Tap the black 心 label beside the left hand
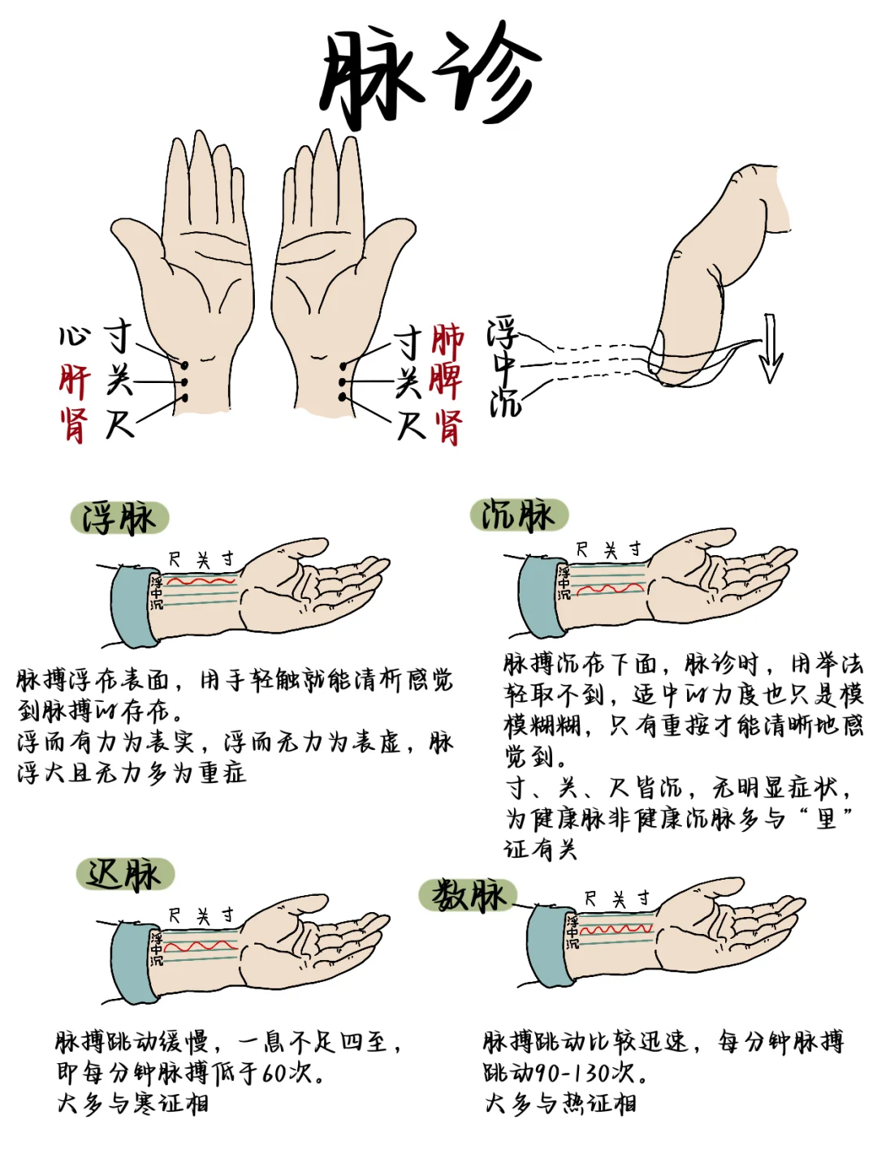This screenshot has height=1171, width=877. [x=74, y=336]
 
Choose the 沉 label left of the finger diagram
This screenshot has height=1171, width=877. [x=504, y=403]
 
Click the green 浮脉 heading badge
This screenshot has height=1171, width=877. [x=119, y=518]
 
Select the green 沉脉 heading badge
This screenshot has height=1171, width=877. [x=519, y=514]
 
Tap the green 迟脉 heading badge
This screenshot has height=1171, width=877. [x=125, y=874]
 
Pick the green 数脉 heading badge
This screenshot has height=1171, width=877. [x=468, y=894]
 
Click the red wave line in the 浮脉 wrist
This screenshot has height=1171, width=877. [x=201, y=581]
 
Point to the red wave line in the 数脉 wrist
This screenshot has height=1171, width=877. [x=616, y=930]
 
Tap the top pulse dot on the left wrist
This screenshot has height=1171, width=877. [x=184, y=365]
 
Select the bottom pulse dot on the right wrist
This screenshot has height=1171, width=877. [x=343, y=397]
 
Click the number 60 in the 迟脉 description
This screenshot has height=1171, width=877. [x=276, y=1072]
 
